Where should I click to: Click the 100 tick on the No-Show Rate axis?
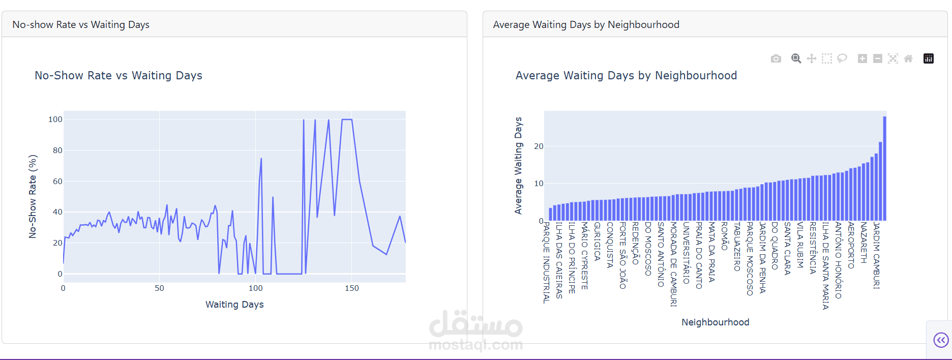pyautogui.click(x=55, y=119)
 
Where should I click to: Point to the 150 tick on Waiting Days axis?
pyautogui.click(x=351, y=288)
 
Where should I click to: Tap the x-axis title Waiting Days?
pyautogui.click(x=234, y=305)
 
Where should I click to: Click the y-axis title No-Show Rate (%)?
pyautogui.click(x=33, y=196)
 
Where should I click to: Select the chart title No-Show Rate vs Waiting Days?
pyautogui.click(x=118, y=76)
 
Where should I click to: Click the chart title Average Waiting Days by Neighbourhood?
pyautogui.click(x=626, y=76)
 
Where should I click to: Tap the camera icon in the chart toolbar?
pyautogui.click(x=776, y=58)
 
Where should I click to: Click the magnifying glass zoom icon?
pyautogui.click(x=796, y=58)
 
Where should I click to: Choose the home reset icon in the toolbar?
pyautogui.click(x=908, y=58)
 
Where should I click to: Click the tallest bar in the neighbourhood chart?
pyautogui.click(x=884, y=168)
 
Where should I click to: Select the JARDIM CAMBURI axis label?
pyautogui.click(x=876, y=255)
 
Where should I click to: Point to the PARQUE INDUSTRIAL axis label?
pyautogui.click(x=546, y=262)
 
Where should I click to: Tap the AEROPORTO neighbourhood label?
pyautogui.click(x=851, y=245)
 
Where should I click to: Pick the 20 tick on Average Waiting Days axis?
pyautogui.click(x=539, y=146)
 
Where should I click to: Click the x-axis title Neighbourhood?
pyautogui.click(x=715, y=322)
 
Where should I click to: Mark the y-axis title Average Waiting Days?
pyautogui.click(x=518, y=165)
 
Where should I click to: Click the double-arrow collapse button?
pyautogui.click(x=941, y=340)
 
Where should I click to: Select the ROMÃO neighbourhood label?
pyautogui.click(x=725, y=236)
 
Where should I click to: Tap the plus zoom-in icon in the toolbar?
pyautogui.click(x=862, y=58)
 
